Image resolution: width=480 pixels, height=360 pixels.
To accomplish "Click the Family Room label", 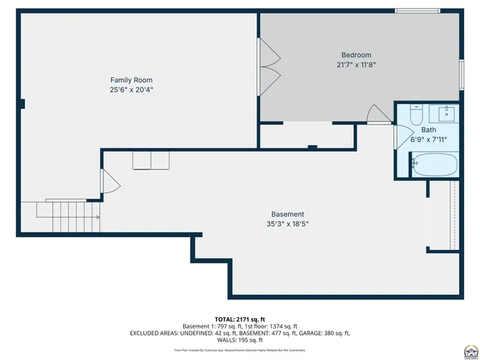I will point(132,79).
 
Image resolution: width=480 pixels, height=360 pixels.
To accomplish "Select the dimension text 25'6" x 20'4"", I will point(132,89).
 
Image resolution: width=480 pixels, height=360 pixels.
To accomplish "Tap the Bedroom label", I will point(356,55).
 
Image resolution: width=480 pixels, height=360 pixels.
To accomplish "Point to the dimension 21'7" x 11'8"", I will point(356,64).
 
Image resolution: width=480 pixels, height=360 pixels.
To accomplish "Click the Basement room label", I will point(287,214).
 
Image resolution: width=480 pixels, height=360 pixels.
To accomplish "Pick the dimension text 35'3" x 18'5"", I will point(287,223).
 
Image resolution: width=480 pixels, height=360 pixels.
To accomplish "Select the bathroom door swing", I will point(403,137).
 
